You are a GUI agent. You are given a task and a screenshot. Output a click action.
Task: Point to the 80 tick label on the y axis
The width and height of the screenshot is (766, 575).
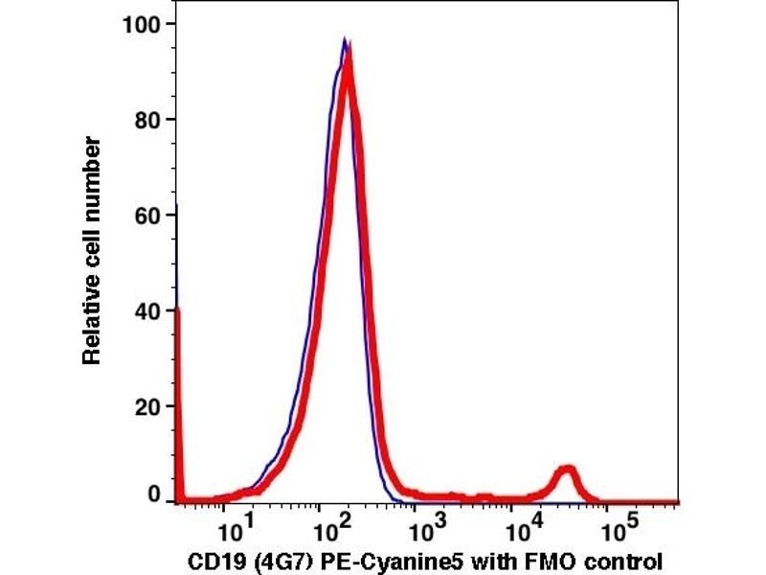tap(146, 120)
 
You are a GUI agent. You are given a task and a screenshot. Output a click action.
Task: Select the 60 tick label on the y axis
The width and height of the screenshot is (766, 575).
tap(146, 215)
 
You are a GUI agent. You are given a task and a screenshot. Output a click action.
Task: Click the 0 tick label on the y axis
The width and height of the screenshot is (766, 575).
tap(153, 495)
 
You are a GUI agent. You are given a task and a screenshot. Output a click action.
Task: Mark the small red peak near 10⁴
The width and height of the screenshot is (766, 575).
tap(568, 471)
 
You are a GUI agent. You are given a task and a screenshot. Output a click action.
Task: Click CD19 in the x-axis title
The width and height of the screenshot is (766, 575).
tap(208, 560)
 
